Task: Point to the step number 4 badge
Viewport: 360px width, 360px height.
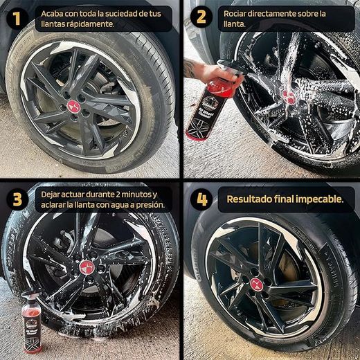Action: pyautogui.click(x=201, y=200)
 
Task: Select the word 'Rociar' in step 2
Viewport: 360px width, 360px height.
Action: pyautogui.click(x=237, y=13)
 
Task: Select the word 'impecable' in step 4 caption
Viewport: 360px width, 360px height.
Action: pyautogui.click(x=315, y=199)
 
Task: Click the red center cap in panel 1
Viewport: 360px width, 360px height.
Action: pyautogui.click(x=73, y=106)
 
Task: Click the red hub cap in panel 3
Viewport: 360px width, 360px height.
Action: pyautogui.click(x=87, y=267)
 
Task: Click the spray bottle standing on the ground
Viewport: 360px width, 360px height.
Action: pyautogui.click(x=32, y=325)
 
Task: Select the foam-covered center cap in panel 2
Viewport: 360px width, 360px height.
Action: pyautogui.click(x=289, y=96)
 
